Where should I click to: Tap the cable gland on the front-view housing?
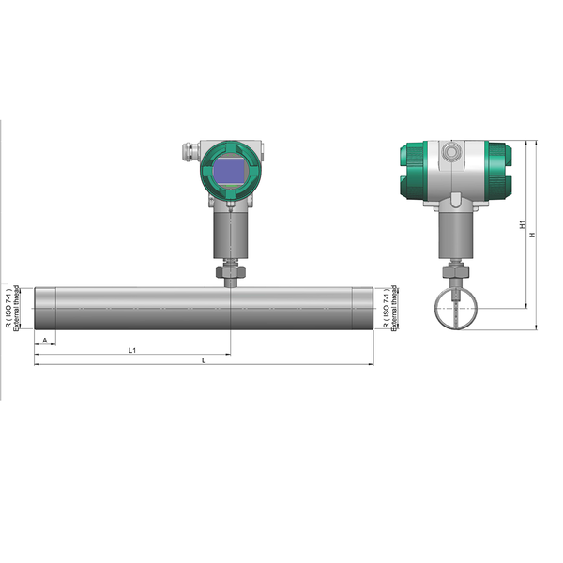pos(186,149)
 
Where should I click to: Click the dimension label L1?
pos(132,349)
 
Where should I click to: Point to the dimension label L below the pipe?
pos(204,359)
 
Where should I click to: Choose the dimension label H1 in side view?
pos(522,225)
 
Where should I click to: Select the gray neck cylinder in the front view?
pos(229,235)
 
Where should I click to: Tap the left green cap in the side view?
pos(410,171)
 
